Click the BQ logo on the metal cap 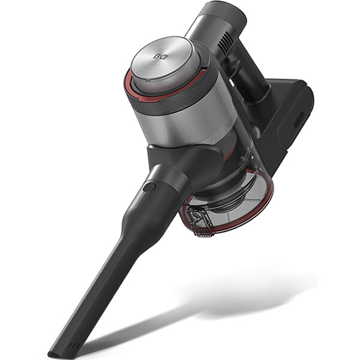[x=160, y=56]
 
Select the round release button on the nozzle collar [x=149, y=187]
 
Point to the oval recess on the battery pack [x=299, y=120]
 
